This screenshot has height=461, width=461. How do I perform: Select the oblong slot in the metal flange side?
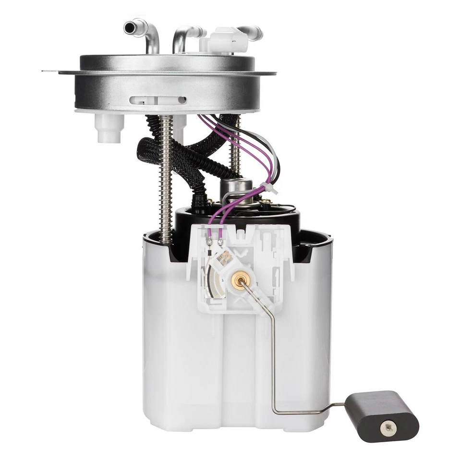click(158, 100)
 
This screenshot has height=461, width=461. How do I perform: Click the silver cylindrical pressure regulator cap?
click(236, 188)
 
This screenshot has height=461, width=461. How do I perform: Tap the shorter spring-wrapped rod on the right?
click(235, 149)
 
